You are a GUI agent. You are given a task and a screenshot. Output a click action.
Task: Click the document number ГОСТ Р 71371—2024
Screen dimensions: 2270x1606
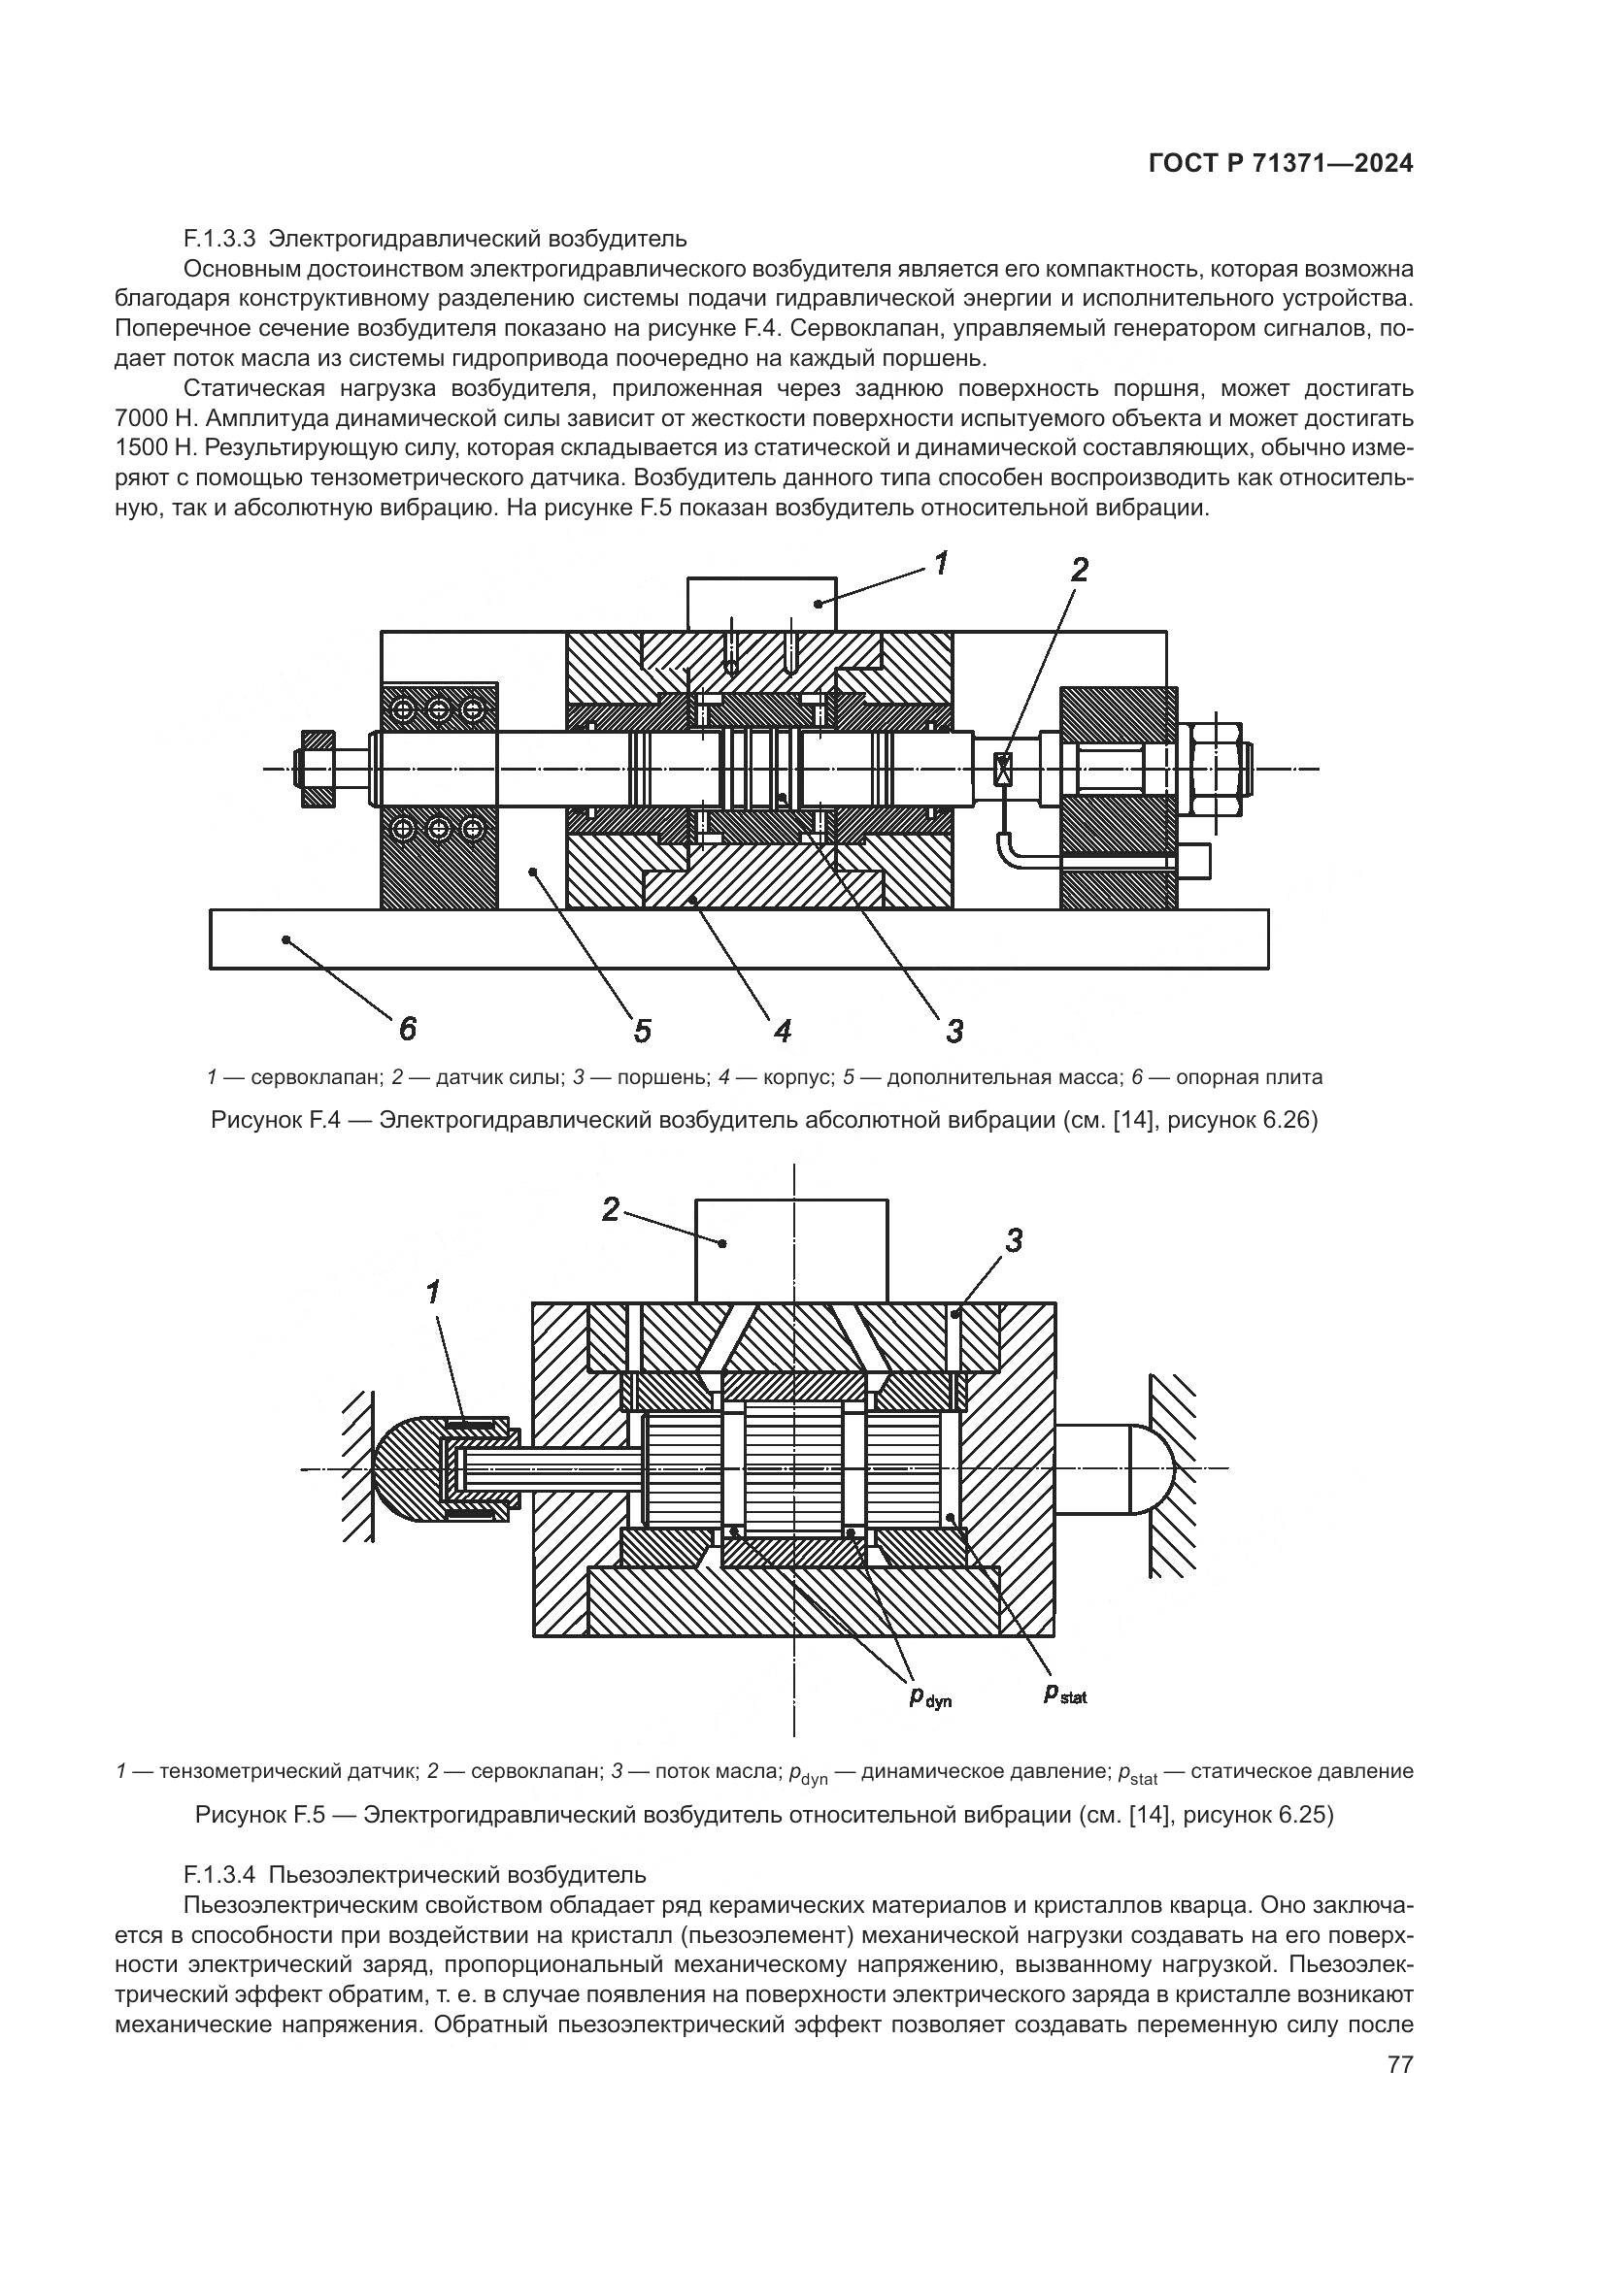1280,164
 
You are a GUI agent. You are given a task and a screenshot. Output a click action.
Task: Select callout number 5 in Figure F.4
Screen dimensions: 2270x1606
643,1032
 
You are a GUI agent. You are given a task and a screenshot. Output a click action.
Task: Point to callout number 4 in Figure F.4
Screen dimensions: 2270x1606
783,1032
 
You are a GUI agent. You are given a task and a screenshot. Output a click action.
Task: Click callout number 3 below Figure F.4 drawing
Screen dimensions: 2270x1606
954,1032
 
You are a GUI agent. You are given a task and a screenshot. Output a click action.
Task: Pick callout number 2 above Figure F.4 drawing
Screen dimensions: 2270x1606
1079,570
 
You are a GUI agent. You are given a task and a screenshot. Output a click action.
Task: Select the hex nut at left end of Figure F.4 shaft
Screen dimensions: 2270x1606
318,769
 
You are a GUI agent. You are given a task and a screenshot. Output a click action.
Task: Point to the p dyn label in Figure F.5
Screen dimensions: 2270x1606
929,1698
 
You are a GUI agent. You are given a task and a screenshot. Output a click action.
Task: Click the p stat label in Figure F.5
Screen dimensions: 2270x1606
1065,1694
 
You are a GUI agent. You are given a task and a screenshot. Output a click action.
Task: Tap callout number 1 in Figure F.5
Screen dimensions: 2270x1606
432,1291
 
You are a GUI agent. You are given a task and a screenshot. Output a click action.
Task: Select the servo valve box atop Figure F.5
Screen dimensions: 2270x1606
791,1250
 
